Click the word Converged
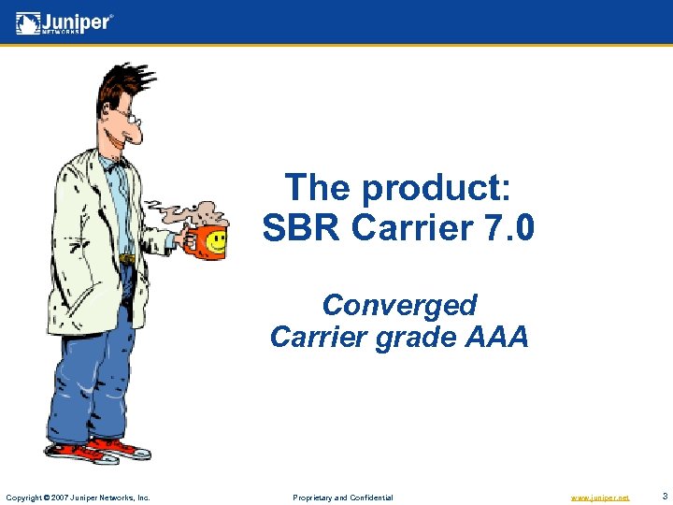[x=399, y=305]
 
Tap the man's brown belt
[x=126, y=259]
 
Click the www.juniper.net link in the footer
[x=600, y=498]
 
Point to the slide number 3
[x=664, y=496]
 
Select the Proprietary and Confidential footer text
[x=343, y=498]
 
